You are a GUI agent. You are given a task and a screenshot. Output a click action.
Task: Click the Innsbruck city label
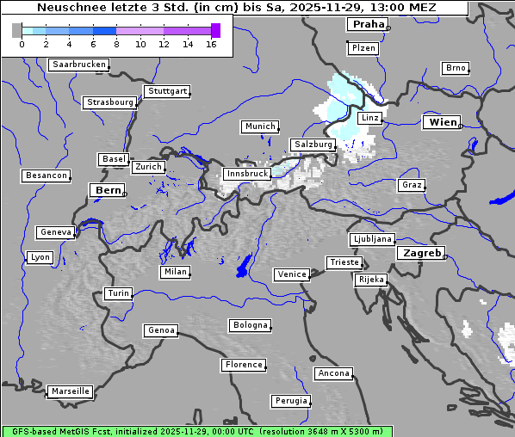click(247, 174)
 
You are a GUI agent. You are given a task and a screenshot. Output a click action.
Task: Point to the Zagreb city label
click(421, 253)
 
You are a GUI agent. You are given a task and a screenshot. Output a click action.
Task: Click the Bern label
click(108, 189)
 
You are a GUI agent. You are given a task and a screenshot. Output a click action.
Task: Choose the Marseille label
click(70, 391)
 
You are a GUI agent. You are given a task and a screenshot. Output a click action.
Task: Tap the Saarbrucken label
click(78, 65)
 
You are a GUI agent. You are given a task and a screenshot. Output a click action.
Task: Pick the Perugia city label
click(290, 401)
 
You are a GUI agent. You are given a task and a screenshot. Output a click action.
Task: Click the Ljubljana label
click(372, 239)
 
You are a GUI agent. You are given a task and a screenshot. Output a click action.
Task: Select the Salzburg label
click(312, 145)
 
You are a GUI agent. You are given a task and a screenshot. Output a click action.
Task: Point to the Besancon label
click(46, 175)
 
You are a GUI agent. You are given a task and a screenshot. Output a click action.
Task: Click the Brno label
click(455, 68)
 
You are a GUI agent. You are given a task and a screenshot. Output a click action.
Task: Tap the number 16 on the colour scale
click(211, 44)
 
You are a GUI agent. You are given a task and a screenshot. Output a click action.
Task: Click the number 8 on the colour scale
click(116, 44)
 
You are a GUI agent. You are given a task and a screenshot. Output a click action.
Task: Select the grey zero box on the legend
click(17, 30)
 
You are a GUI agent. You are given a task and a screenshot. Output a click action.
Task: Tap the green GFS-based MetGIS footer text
click(196, 431)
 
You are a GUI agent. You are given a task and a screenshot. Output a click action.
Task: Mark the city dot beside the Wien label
click(461, 126)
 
